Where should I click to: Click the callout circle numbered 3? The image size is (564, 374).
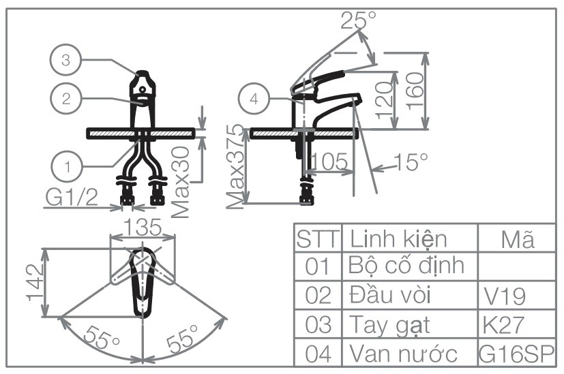click(x=65, y=60)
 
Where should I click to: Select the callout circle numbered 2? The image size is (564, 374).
click(x=65, y=97)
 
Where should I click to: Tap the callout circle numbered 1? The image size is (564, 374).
click(x=67, y=165)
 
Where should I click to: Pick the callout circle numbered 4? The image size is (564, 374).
click(x=254, y=98)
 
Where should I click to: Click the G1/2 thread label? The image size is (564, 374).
click(x=72, y=197)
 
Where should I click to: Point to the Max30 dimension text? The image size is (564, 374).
click(x=181, y=183)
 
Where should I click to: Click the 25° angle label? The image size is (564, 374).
click(x=358, y=20)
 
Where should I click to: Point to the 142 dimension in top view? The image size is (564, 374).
click(x=34, y=278)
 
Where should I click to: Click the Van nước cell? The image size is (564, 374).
click(x=402, y=354)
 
